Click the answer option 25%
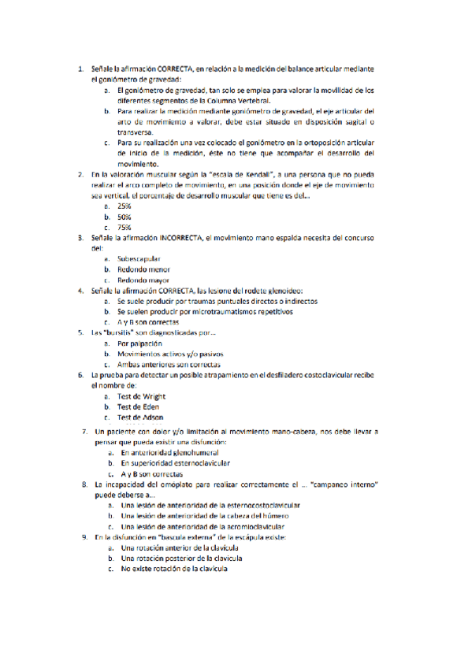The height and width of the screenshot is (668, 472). pos(124,206)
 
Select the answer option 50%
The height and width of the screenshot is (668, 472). pos(124,216)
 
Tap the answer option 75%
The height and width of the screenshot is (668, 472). pos(124,227)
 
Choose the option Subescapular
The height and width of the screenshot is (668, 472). pos(139,258)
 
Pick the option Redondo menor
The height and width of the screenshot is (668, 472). pos(143,269)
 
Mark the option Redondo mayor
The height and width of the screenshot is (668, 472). pos(143,280)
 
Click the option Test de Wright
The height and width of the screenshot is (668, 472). pos(141,397)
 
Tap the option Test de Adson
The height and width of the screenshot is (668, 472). pos(140,417)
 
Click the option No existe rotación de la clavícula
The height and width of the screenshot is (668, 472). pos(174,569)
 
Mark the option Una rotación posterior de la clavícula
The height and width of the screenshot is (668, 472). pos(177,558)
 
